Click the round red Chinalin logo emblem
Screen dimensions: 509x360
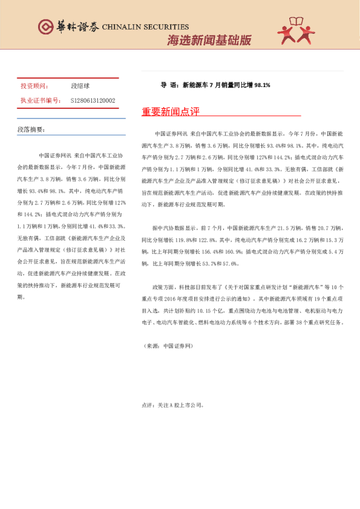(x=45, y=27)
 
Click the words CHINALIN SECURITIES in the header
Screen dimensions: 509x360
(x=145, y=27)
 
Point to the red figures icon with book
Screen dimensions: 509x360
(x=297, y=30)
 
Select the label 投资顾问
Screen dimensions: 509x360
(x=34, y=86)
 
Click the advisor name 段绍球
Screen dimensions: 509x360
(x=80, y=86)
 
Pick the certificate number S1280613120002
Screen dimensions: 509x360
(x=93, y=101)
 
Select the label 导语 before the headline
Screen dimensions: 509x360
(x=168, y=85)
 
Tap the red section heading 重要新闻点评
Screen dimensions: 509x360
(x=170, y=112)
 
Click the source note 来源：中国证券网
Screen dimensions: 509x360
(x=167, y=346)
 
